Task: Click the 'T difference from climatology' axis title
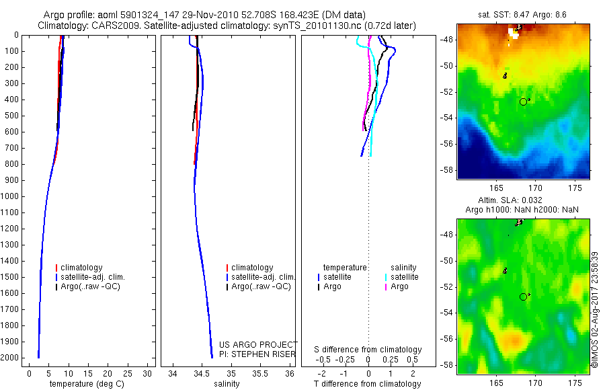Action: click(x=367, y=384)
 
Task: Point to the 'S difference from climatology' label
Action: click(x=368, y=350)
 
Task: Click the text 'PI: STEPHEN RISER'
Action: click(x=258, y=354)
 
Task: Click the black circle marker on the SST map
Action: click(x=524, y=102)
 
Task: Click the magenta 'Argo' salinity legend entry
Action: click(x=399, y=286)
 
